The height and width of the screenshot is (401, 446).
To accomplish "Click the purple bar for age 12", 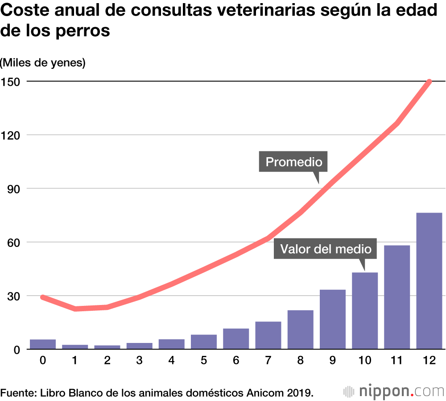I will tap(429, 281).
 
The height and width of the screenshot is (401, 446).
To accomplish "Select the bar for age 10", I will tap(365, 311).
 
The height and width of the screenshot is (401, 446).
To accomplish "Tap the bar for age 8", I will tap(300, 330).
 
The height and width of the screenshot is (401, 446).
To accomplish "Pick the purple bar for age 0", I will tap(43, 344).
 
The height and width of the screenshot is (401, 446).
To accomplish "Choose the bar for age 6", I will tap(236, 339).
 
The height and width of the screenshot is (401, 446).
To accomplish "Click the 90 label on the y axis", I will tap(14, 188).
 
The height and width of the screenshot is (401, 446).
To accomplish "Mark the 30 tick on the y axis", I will tap(14, 296).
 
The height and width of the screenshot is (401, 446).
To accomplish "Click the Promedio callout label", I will tap(293, 161).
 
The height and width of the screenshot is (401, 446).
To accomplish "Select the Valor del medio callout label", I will tap(325, 249).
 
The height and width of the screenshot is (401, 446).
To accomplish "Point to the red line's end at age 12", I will tap(429, 82).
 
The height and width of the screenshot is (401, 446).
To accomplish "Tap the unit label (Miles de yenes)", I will tap(43, 63).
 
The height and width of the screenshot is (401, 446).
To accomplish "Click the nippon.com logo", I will tap(394, 392).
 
